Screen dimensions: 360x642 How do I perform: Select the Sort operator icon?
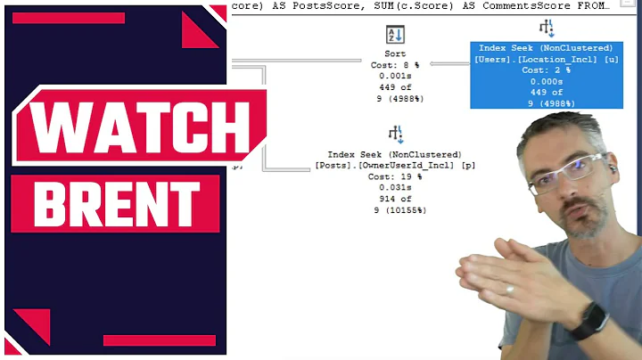click(394, 35)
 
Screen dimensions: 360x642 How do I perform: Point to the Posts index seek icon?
click(394, 135)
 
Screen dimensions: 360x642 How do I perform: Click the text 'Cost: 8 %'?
click(394, 65)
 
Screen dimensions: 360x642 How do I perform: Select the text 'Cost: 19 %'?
click(394, 176)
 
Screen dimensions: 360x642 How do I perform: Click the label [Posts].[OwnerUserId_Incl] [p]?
click(394, 165)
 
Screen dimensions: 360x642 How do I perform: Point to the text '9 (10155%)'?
click(394, 210)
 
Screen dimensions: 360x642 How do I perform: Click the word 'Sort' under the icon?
click(394, 53)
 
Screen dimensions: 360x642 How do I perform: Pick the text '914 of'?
click(394, 199)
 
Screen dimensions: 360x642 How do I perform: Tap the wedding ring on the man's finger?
click(509, 290)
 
